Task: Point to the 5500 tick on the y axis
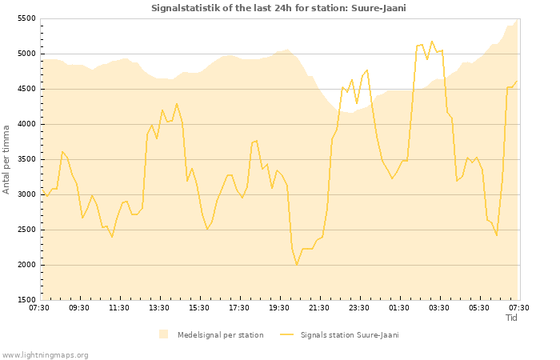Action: click(x=26, y=18)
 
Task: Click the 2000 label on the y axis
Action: click(x=26, y=265)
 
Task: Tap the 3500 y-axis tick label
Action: click(x=26, y=159)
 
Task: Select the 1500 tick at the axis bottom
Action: click(x=26, y=300)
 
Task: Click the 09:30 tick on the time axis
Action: click(x=79, y=307)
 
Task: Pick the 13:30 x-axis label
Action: click(x=159, y=307)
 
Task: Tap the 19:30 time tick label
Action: click(x=279, y=307)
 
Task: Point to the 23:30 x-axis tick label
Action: click(x=359, y=307)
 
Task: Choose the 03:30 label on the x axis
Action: click(x=439, y=307)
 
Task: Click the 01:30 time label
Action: click(x=399, y=307)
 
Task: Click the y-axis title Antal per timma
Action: click(x=7, y=159)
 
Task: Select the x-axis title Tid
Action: click(x=512, y=318)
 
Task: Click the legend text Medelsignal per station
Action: click(x=220, y=334)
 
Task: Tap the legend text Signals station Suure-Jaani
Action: click(x=350, y=334)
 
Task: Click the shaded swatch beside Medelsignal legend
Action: click(x=163, y=334)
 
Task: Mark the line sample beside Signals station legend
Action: click(x=286, y=334)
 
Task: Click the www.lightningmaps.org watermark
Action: click(x=45, y=354)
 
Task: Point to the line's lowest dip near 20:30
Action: click(x=297, y=264)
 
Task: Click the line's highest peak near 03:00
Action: click(x=432, y=42)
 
